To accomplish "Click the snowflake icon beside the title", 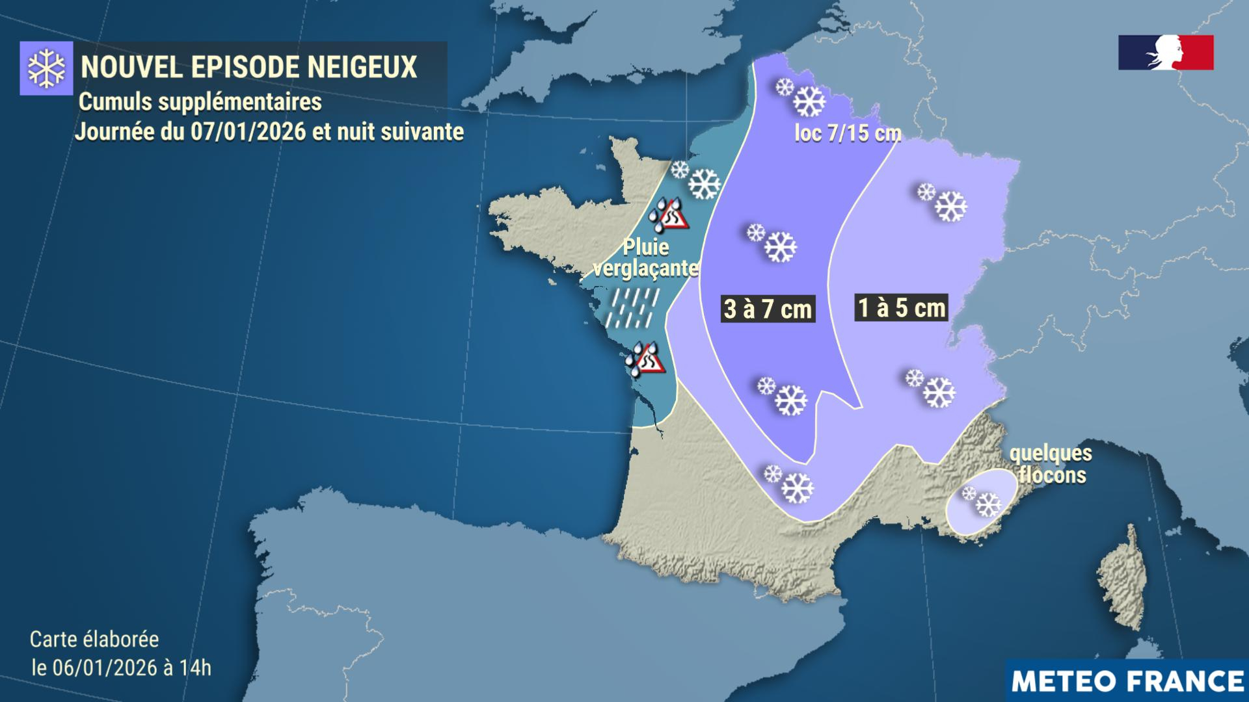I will [46, 68].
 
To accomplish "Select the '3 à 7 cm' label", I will [768, 309].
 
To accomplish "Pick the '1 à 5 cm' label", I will [901, 307].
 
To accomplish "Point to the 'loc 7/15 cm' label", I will [848, 133].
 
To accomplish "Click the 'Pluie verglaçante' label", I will [646, 258].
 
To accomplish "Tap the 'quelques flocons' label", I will [1051, 463].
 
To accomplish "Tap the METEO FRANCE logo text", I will [1127, 681].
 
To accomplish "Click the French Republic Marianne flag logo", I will [1166, 53].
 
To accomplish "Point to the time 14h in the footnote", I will [198, 668].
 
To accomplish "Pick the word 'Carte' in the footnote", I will [53, 639].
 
